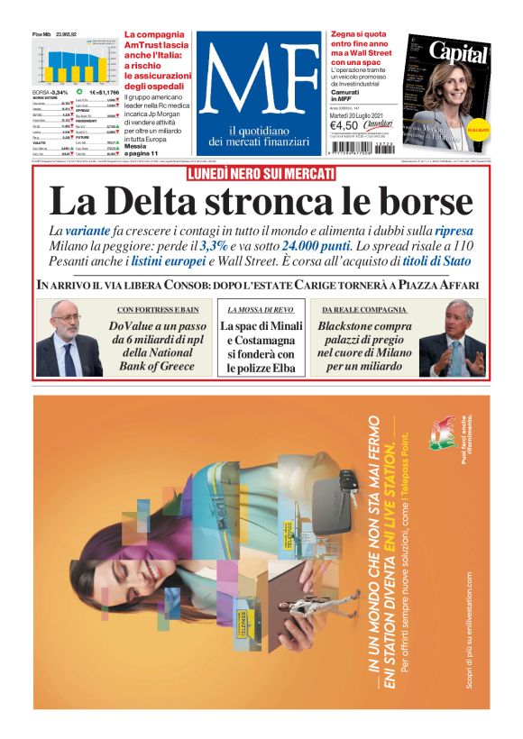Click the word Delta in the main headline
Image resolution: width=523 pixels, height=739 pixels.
click(150, 200)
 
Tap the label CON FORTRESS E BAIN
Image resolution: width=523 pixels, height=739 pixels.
click(158, 310)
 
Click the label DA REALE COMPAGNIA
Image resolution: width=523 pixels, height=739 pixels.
click(363, 310)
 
